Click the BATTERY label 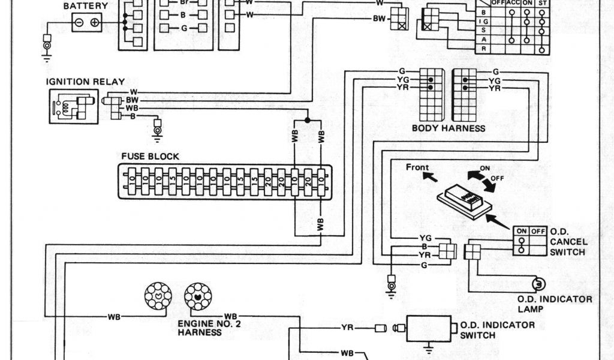(x=86, y=6)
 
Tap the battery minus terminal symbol (x=79, y=23)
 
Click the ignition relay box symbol (x=73, y=106)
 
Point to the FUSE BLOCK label (x=150, y=157)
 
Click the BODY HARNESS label (x=449, y=128)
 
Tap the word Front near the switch (x=418, y=167)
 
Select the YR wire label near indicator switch (x=347, y=328)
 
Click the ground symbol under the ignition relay (x=158, y=128)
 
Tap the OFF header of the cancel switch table (x=538, y=231)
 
